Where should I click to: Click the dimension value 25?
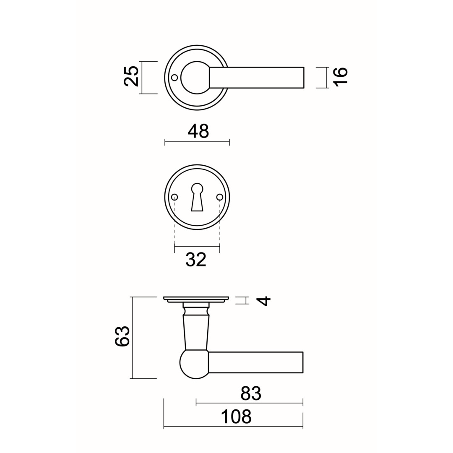coord(131,76)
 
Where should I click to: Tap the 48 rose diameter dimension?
coord(198,131)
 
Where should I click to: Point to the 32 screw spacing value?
coord(196,259)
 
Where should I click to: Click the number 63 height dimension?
coord(122,336)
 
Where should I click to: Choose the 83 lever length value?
coord(251,393)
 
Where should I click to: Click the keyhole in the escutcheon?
coord(197,197)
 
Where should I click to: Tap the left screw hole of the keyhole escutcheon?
coord(174,197)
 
